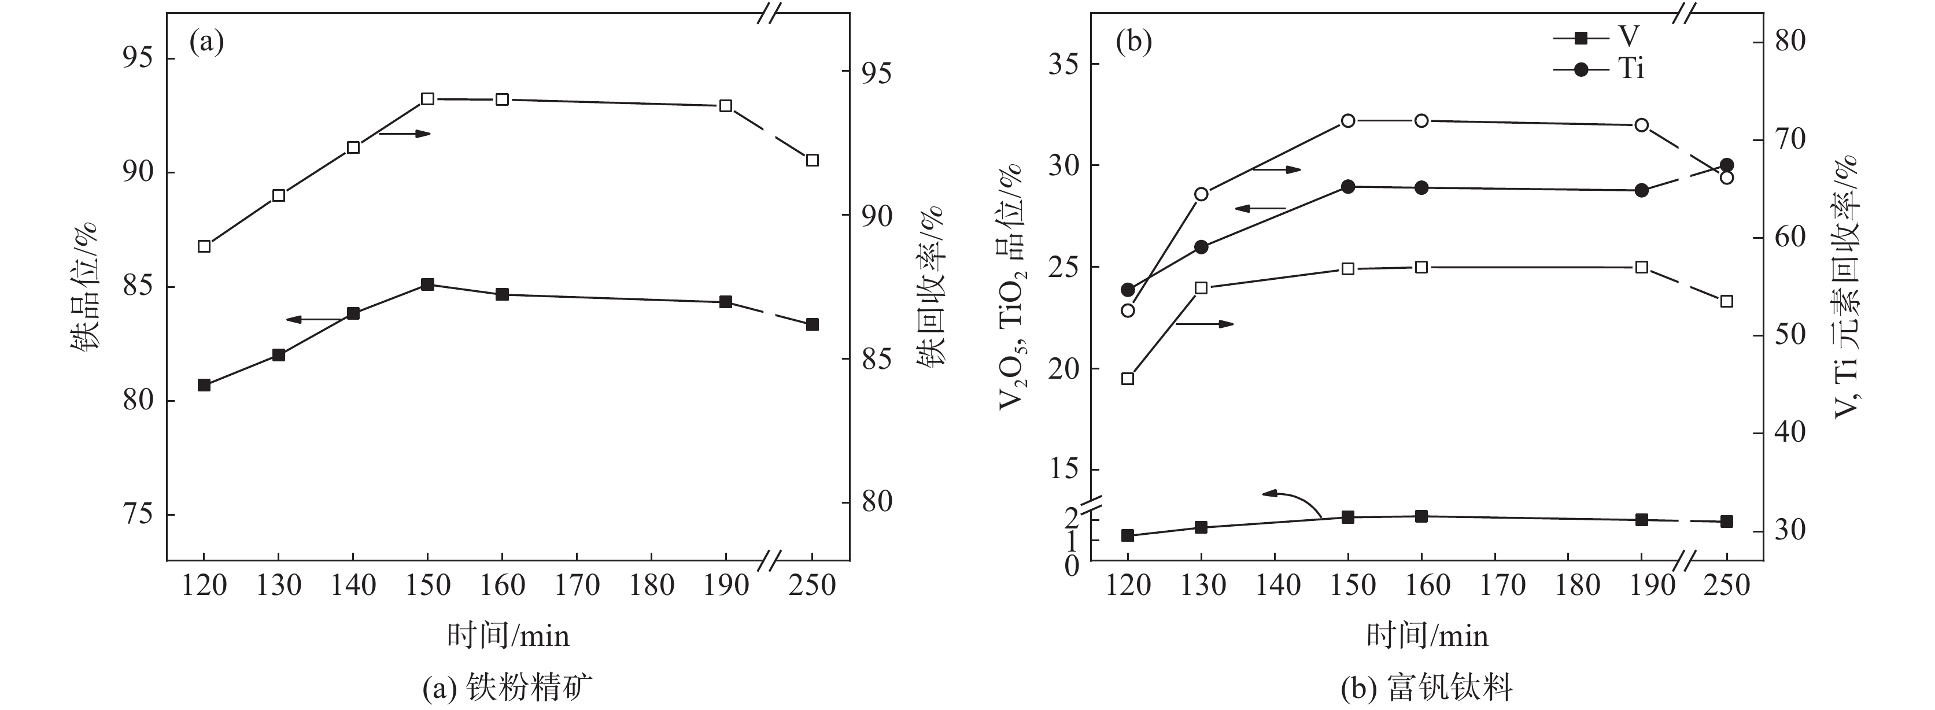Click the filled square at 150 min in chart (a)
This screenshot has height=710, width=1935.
click(x=427, y=284)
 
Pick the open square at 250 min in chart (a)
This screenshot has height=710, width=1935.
click(x=812, y=160)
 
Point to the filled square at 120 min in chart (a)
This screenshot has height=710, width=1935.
click(x=204, y=384)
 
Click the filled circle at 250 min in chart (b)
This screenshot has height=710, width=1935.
click(x=1726, y=165)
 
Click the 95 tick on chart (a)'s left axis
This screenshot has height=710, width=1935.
click(x=138, y=58)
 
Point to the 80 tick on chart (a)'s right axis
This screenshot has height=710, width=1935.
click(x=877, y=502)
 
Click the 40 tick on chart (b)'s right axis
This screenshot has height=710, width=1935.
click(x=1788, y=432)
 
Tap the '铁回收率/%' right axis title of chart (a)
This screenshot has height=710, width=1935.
click(x=930, y=286)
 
